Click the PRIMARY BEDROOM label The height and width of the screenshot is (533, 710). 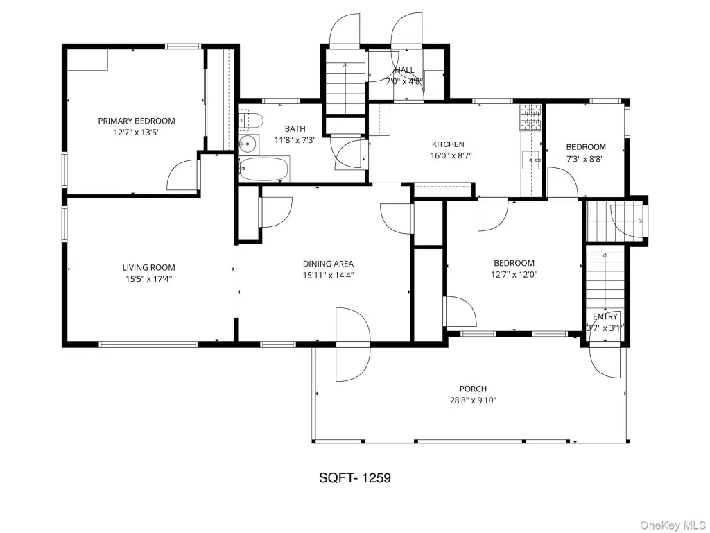[x=137, y=121]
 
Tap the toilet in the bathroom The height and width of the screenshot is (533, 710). [x=250, y=121]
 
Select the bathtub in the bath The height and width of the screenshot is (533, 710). [x=264, y=169]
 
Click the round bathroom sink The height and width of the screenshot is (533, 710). [x=248, y=144]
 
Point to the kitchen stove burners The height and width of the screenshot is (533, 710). [x=530, y=117]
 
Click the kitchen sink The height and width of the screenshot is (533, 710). [x=532, y=160]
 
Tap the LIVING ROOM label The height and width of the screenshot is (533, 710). [x=148, y=268]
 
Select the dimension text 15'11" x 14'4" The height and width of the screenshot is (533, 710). [x=328, y=275]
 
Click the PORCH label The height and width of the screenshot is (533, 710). [x=473, y=389]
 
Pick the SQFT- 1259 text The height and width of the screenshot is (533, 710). [x=355, y=477]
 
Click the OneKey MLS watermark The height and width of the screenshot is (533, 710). [x=673, y=525]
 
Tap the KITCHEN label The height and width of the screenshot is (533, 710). [x=448, y=144]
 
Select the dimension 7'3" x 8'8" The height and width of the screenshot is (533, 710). [x=586, y=159]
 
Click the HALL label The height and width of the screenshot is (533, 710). [x=404, y=70]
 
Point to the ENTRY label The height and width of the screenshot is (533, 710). [x=605, y=316]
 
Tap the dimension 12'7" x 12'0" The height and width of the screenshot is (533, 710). [x=514, y=274]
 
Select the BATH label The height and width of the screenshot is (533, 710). [x=295, y=128]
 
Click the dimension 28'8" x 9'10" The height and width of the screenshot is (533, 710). [x=473, y=400]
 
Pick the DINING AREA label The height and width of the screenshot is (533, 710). [x=328, y=264]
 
